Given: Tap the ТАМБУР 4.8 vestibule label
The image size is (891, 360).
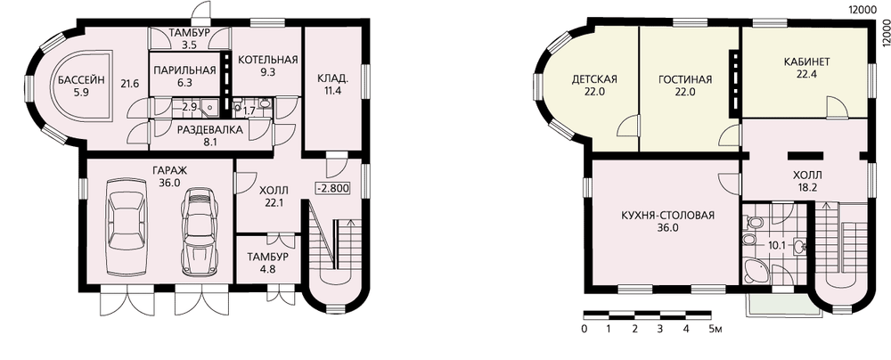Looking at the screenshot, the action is [267, 263].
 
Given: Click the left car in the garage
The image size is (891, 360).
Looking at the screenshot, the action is [127, 218].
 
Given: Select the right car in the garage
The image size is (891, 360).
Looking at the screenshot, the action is [199, 232].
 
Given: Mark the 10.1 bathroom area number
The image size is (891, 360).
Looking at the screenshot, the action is [777, 246].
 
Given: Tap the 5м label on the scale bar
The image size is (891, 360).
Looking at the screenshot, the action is [715, 329].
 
